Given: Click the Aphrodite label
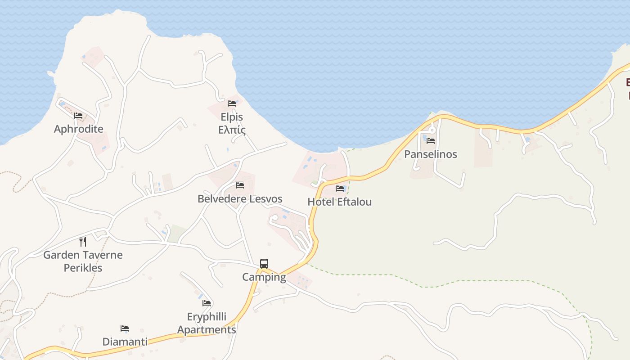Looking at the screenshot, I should click(78, 129).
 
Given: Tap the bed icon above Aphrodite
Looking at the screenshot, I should click(78, 116).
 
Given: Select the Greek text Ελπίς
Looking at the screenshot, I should click(232, 130).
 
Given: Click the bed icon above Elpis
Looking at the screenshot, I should click(232, 103).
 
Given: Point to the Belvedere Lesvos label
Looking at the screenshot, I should click(240, 199).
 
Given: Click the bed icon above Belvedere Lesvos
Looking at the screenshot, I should click(240, 185).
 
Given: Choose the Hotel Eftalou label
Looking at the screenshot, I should click(339, 202).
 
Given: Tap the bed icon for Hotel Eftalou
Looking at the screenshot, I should click(340, 189).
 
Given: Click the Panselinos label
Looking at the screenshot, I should click(430, 154).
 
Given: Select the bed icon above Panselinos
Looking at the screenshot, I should click(431, 141).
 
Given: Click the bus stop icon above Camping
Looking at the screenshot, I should click(264, 264).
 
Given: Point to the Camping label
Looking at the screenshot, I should click(264, 277).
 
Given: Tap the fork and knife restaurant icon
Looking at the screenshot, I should click(83, 242).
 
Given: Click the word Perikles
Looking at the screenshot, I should click(83, 268).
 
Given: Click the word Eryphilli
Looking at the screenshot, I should click(207, 317).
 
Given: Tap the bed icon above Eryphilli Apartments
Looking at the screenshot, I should click(207, 303).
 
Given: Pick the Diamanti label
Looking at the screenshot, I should click(125, 342).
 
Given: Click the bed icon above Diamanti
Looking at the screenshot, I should click(125, 329).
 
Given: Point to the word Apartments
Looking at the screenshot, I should click(207, 330).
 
